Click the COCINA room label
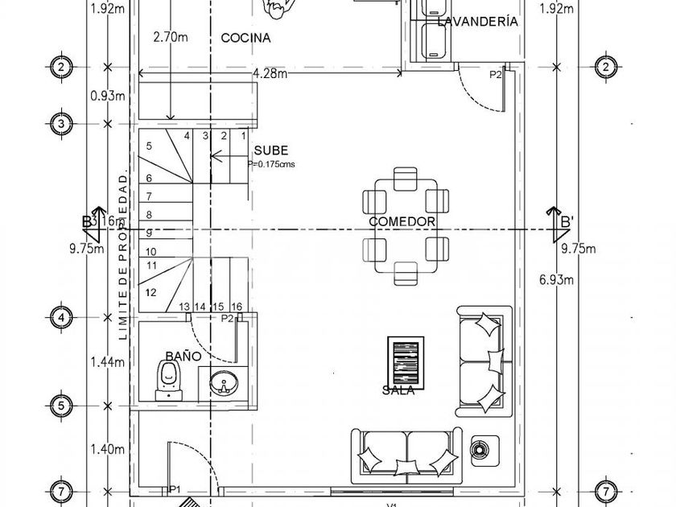(x=245, y=38)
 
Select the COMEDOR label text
(x=402, y=222)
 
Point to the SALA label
(x=399, y=390)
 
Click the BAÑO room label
(x=183, y=355)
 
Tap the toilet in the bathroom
(x=168, y=377)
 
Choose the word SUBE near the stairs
(x=270, y=150)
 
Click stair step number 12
(x=151, y=292)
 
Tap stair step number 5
(x=148, y=146)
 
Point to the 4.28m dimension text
(x=270, y=74)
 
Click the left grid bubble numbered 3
(x=60, y=124)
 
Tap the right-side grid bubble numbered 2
(x=605, y=67)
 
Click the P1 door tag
(x=175, y=488)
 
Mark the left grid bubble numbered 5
(x=60, y=406)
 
